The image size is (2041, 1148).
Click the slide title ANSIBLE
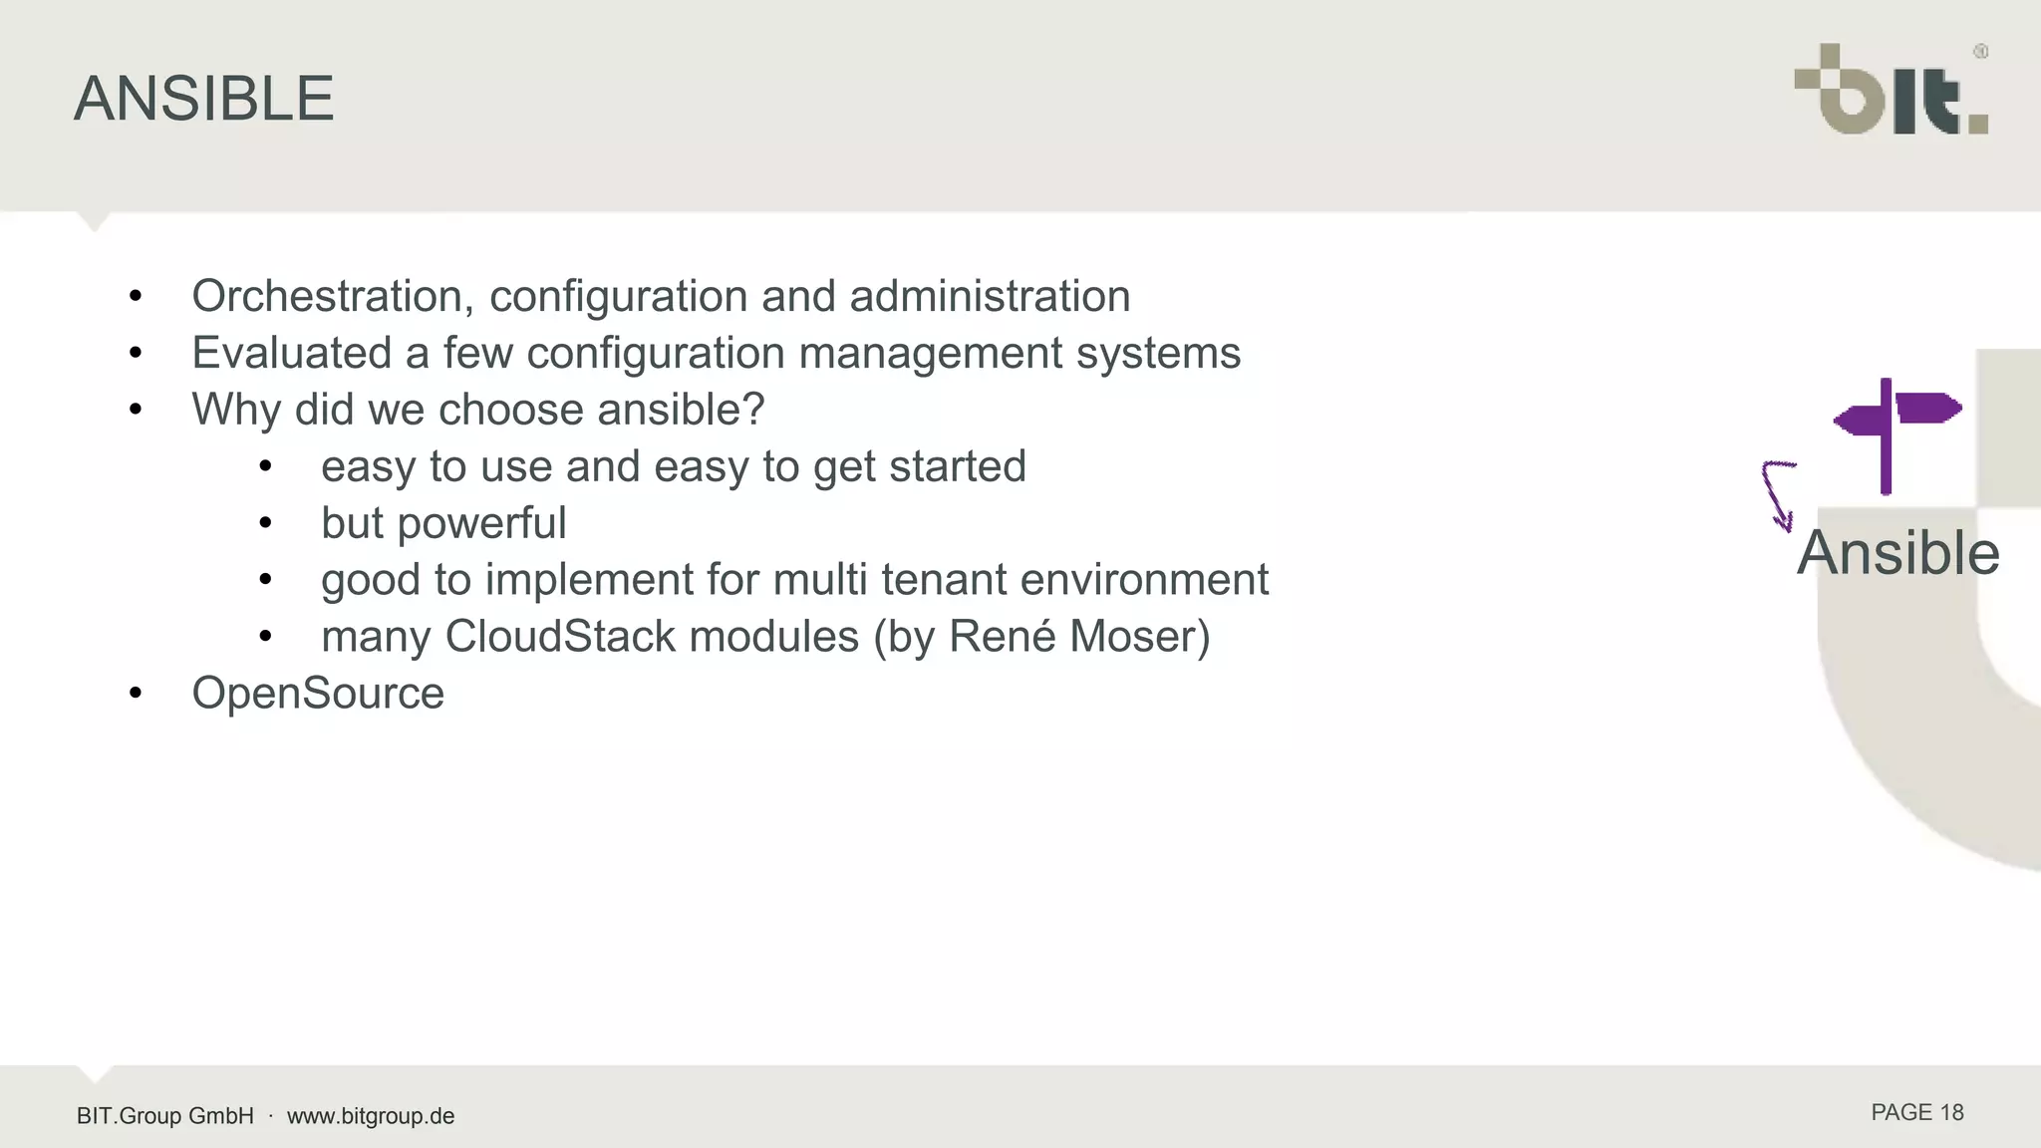(x=203, y=99)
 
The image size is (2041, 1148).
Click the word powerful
(x=481, y=523)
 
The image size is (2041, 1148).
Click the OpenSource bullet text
(x=318, y=694)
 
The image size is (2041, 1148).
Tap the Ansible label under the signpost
(x=1897, y=553)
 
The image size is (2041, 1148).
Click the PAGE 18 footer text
(x=1916, y=1113)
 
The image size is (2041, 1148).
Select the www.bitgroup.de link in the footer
(x=371, y=1116)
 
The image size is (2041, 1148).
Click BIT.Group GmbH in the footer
(x=165, y=1116)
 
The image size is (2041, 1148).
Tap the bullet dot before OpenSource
(x=136, y=694)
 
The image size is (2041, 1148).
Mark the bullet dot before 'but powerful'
(x=265, y=523)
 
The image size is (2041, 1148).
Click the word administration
(x=990, y=296)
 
